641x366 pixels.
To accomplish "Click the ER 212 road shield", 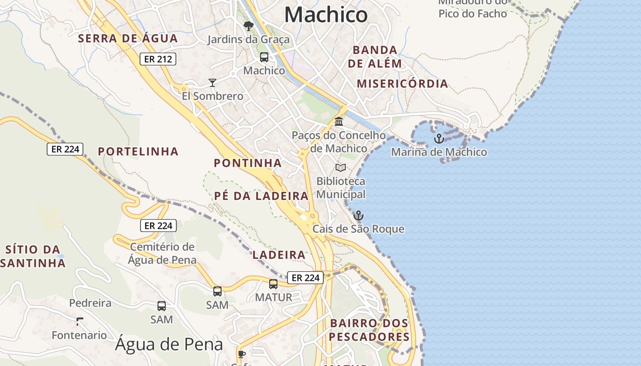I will pos(158,59).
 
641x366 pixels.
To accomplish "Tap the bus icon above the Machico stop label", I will pos(264,57).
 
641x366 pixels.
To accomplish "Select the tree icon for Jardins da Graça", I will pos(249,26).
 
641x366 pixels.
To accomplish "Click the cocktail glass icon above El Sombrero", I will pos(212,82).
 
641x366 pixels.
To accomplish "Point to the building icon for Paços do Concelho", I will pos(339,122).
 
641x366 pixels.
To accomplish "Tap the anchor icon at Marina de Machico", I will pos(439,138).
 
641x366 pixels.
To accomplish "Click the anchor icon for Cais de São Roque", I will pos(359,215).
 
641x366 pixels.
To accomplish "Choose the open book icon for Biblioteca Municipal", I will pos(341,168).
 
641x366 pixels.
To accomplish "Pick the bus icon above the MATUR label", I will pos(273,284).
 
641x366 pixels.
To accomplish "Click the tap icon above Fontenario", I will pos(80,321).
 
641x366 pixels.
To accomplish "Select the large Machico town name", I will pos(326,15).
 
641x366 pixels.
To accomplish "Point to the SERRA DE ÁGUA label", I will pos(128,38).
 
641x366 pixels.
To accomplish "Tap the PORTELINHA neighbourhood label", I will pos(138,151).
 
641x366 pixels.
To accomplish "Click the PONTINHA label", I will pos(248,163).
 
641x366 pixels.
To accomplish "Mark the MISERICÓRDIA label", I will pos(402,84).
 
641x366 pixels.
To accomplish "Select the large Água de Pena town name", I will pos(169,344).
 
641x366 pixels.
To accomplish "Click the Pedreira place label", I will pos(90,303).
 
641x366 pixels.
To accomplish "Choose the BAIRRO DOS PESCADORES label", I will pos(369,330).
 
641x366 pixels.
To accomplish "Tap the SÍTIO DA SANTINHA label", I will pos(33,256).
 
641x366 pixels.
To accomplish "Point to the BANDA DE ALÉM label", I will pos(375,56).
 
